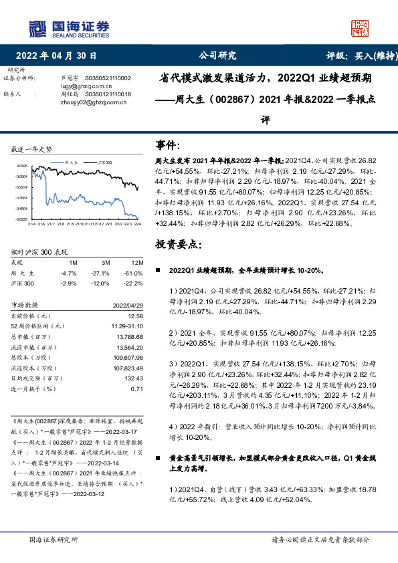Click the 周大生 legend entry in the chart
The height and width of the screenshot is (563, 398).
pos(71,162)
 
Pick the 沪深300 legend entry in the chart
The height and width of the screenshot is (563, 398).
pos(104,162)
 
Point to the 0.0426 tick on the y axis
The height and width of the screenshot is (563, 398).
pos(22,166)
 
